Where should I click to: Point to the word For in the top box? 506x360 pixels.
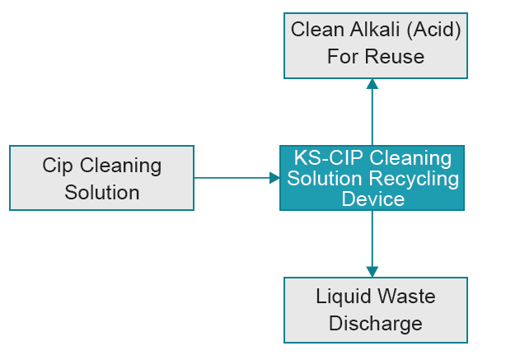click(344, 57)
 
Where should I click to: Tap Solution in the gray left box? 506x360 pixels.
click(101, 193)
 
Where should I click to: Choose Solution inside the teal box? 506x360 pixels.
click(324, 178)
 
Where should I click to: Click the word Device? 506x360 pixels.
click(372, 199)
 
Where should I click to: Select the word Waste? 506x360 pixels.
click(406, 296)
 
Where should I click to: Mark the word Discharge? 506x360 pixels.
click(375, 323)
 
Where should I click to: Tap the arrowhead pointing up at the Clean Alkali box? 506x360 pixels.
click(372, 83)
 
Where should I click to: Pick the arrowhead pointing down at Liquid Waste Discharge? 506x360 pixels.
click(372, 271)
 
